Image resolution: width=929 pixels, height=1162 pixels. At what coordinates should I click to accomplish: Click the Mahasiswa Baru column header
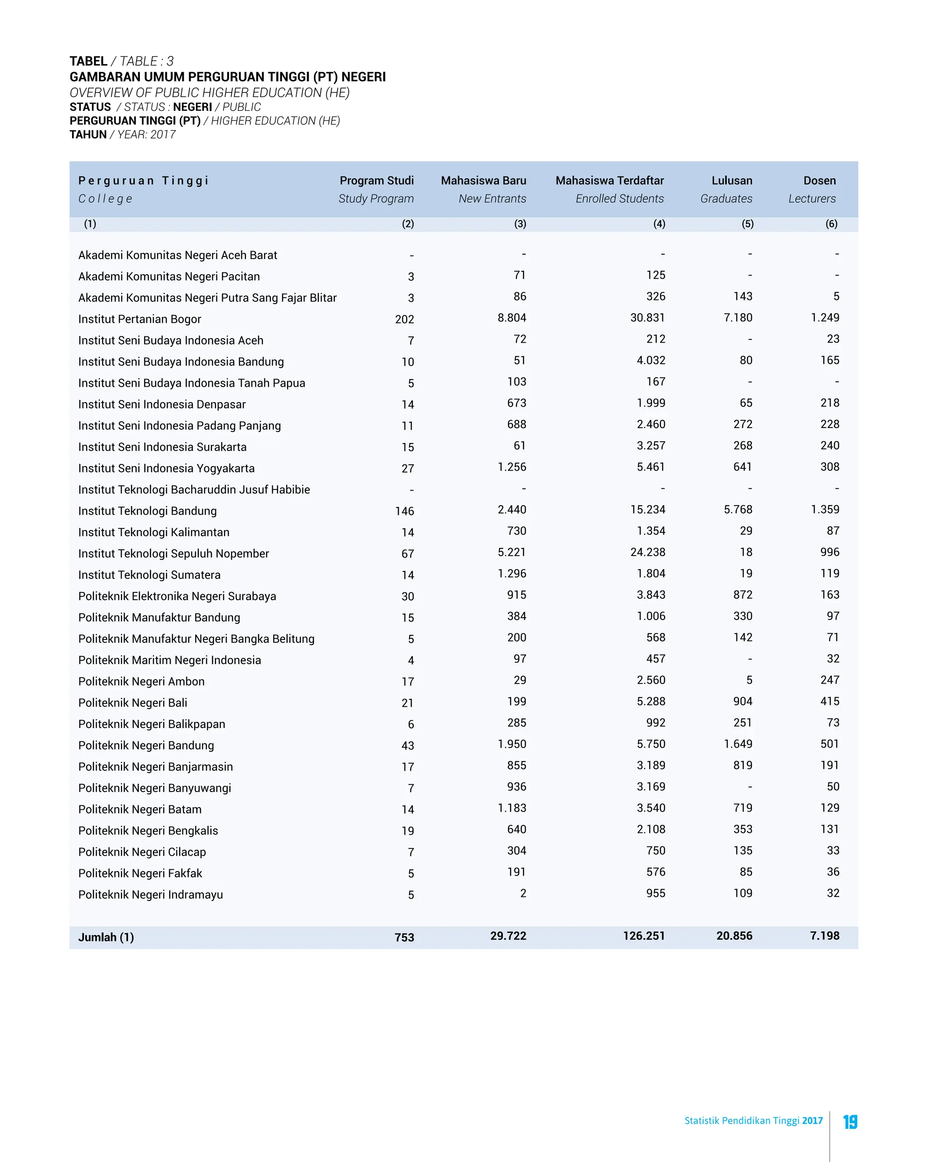point(483,181)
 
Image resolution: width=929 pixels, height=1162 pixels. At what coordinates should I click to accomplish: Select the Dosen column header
point(819,181)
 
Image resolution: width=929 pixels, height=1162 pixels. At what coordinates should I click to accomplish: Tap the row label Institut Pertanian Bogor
point(139,319)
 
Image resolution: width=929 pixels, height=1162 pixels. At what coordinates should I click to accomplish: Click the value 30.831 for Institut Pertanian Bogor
point(647,318)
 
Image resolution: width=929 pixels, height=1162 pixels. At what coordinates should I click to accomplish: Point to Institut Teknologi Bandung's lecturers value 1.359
point(825,510)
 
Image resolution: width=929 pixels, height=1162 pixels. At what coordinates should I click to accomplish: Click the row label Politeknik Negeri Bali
point(132,703)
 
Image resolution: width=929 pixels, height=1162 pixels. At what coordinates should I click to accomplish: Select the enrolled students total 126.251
point(644,936)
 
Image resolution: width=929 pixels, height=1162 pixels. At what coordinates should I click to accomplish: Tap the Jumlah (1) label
point(106,937)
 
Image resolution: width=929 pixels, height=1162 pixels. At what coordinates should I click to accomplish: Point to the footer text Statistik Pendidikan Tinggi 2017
point(753,1121)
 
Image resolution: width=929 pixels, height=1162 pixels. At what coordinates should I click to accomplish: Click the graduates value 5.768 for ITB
point(738,510)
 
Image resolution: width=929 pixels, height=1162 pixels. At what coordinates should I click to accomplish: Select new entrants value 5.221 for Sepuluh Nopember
point(512,552)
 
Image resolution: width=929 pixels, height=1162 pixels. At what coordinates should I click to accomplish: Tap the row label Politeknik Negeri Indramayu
point(150,895)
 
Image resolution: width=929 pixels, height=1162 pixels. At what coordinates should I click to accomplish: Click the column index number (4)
point(659,224)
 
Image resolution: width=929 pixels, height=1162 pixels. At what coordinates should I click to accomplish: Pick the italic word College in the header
point(105,199)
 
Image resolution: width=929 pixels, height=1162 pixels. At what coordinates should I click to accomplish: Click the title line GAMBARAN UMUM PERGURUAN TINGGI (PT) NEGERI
point(227,77)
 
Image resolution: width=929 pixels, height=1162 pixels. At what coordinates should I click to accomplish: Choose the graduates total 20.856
point(734,936)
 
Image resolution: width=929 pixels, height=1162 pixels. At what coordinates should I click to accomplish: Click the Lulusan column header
point(731,181)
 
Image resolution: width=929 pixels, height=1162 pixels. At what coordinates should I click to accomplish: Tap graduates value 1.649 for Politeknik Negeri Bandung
point(738,744)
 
